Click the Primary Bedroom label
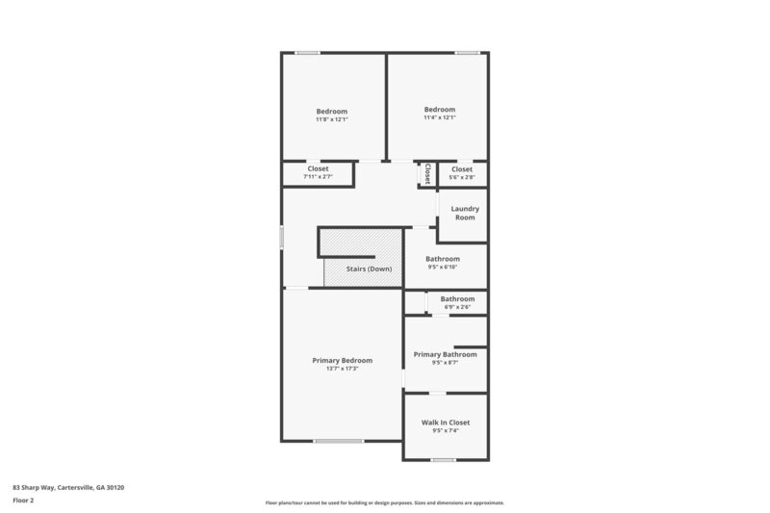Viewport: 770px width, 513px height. click(x=342, y=360)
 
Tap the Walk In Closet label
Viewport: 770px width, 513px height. click(x=446, y=423)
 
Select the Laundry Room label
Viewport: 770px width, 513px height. click(x=465, y=213)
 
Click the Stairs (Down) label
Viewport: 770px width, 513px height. click(x=369, y=269)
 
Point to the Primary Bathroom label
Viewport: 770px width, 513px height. click(x=446, y=354)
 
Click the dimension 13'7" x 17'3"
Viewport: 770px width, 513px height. click(x=342, y=369)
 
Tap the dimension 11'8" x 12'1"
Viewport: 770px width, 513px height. click(x=332, y=118)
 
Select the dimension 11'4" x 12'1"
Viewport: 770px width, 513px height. click(x=439, y=118)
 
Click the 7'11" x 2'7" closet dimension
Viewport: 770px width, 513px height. click(x=318, y=177)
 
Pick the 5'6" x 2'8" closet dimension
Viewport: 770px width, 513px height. click(x=462, y=177)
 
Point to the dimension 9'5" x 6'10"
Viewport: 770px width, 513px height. click(x=443, y=267)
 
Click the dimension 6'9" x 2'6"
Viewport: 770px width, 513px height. click(x=457, y=307)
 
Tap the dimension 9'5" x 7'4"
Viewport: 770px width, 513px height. click(x=446, y=431)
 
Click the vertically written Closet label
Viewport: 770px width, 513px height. click(x=426, y=174)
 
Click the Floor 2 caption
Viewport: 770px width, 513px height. click(x=23, y=500)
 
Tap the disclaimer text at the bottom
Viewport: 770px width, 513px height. click(x=384, y=502)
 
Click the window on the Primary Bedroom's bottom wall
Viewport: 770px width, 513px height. click(x=339, y=441)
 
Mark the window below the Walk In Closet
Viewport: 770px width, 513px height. click(x=443, y=460)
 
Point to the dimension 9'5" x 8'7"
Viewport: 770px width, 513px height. click(x=446, y=363)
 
